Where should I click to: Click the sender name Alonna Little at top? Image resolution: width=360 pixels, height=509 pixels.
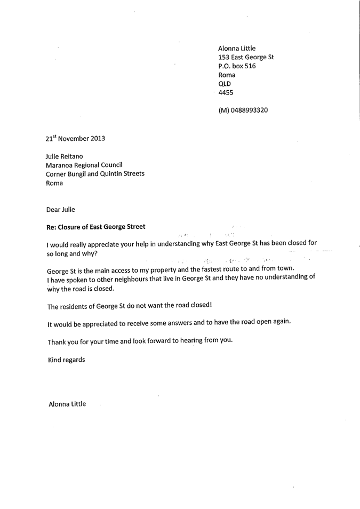coord(237,48)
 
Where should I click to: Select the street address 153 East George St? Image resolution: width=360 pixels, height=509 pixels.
coord(246,57)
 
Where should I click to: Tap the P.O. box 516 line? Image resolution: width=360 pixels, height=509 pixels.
coord(237,66)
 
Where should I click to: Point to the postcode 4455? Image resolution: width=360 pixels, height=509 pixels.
coord(226,93)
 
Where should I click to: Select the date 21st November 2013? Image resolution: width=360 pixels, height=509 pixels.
coord(75,139)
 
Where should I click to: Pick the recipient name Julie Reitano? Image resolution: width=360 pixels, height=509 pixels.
coord(65,156)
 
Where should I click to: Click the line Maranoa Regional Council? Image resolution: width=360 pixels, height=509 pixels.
coord(84,165)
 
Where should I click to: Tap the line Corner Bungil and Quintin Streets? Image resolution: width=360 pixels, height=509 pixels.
coord(95,174)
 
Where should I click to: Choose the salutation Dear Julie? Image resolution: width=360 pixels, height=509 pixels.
coord(60,209)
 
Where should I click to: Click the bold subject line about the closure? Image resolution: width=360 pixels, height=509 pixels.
coord(96,227)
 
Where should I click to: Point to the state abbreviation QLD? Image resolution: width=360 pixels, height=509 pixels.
coord(225,84)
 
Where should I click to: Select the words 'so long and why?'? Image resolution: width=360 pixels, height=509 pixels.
coord(73,253)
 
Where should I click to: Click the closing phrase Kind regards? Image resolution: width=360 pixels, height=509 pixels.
coord(66,360)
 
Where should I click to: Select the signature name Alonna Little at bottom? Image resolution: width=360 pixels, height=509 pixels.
coord(67,404)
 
